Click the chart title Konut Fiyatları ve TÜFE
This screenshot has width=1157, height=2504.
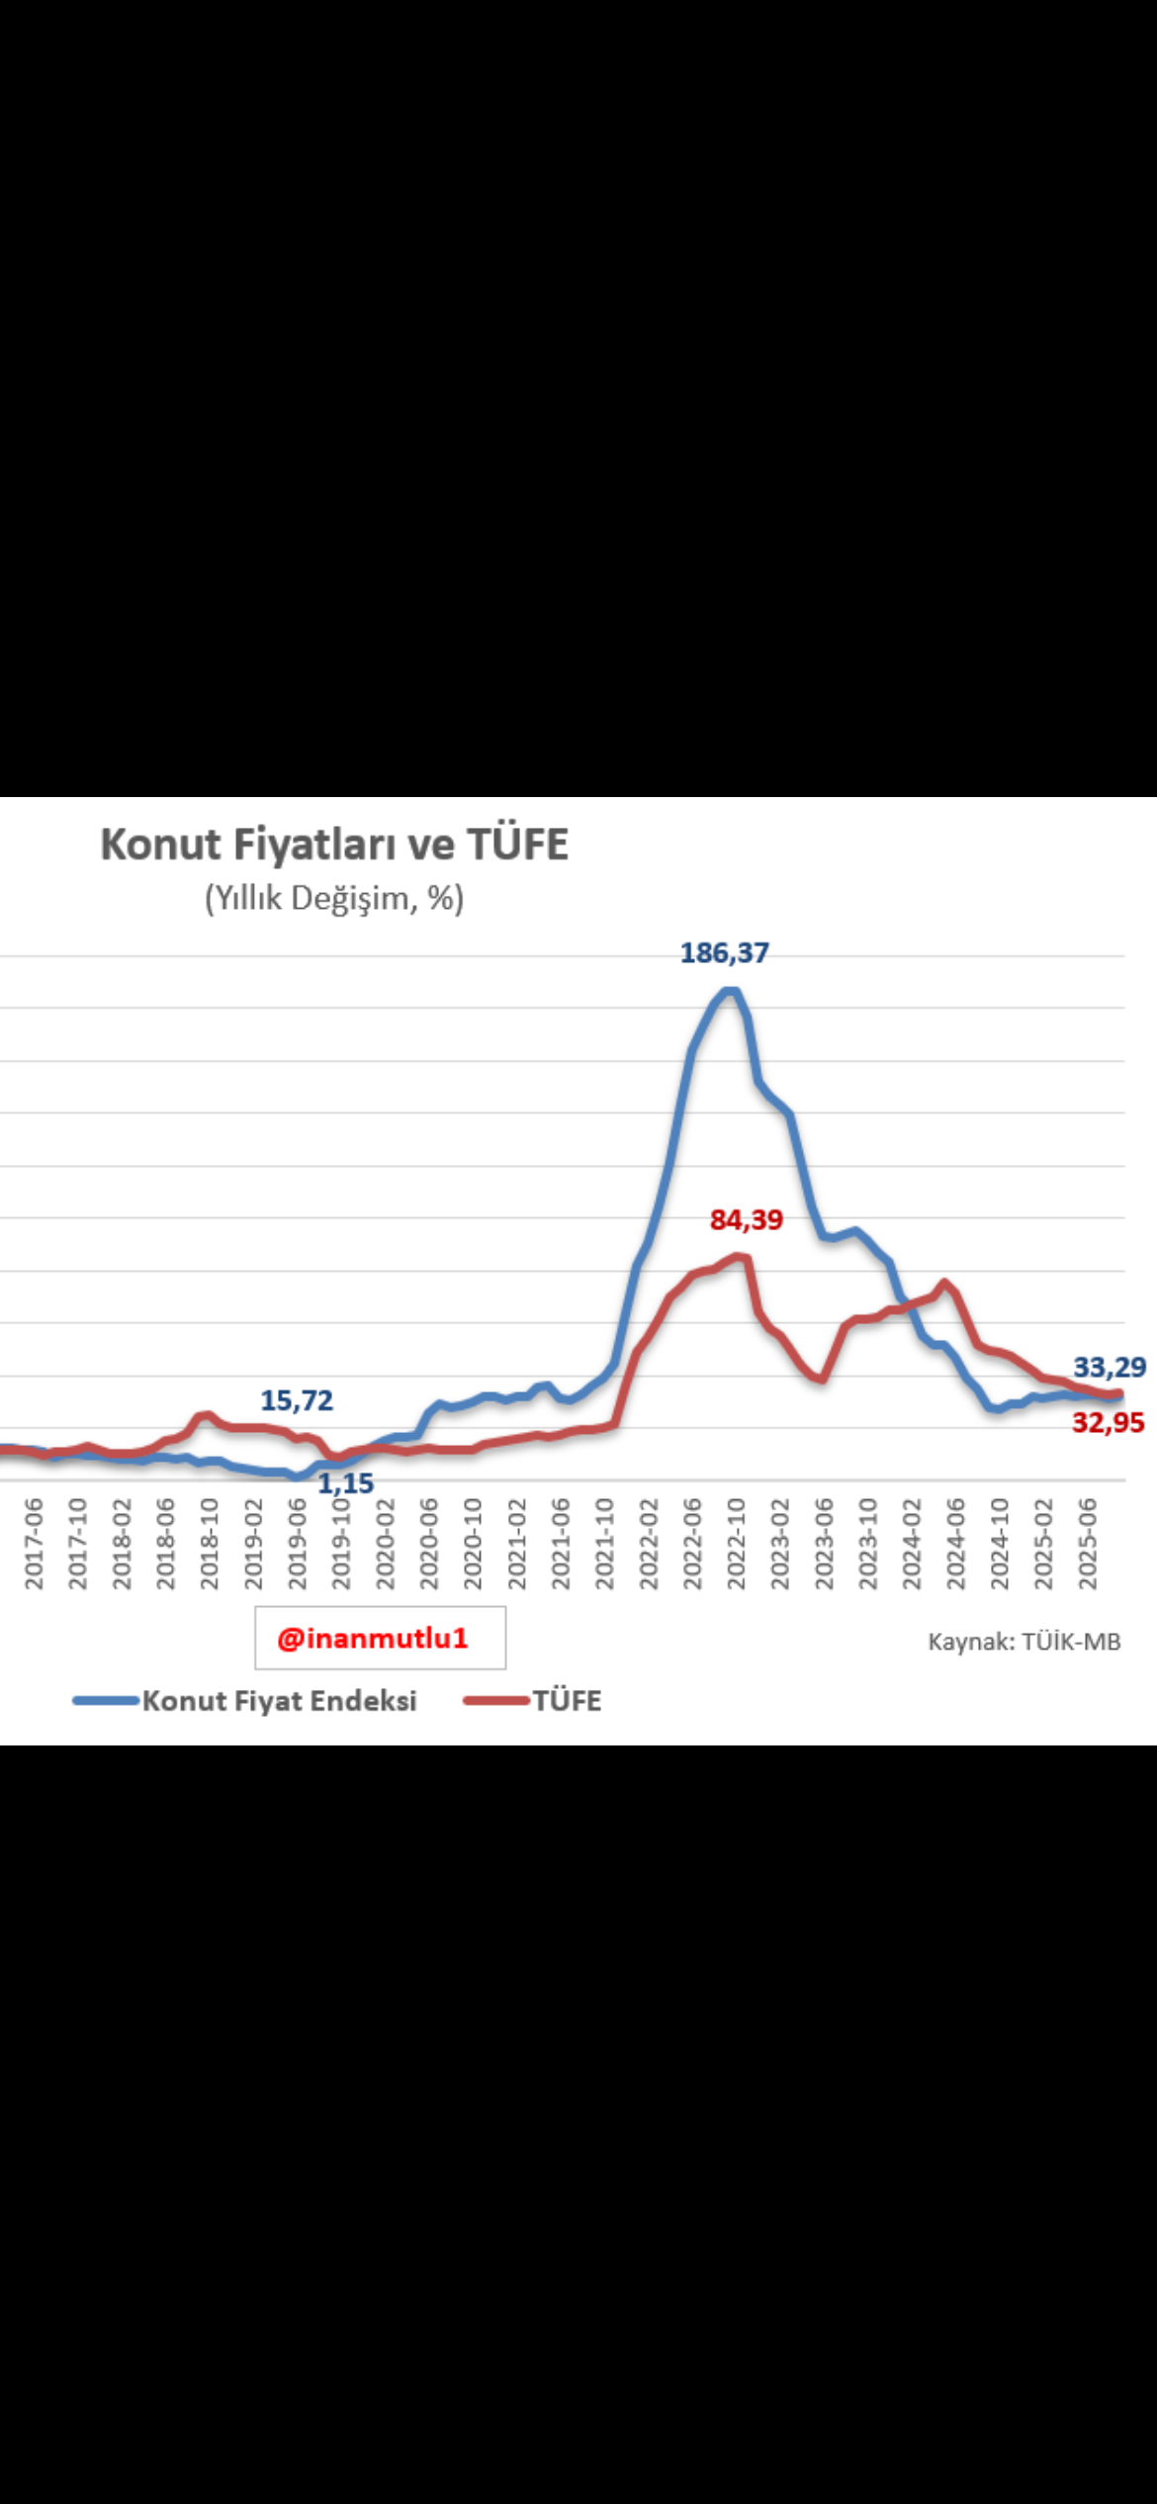tap(334, 845)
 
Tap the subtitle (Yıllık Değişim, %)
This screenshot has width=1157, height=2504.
tap(334, 898)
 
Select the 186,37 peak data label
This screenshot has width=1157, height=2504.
tap(724, 952)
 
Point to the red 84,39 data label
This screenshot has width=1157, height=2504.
tap(747, 1219)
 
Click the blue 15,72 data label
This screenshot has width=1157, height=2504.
tap(297, 1400)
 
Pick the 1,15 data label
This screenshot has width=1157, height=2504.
tap(346, 1483)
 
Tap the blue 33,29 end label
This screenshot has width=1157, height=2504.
tap(1110, 1367)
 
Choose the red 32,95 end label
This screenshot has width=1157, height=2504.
tap(1109, 1422)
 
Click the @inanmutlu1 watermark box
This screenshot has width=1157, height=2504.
tap(380, 1639)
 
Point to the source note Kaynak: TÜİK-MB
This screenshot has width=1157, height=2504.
tap(1023, 1642)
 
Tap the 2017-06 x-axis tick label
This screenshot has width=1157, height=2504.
tap(34, 1544)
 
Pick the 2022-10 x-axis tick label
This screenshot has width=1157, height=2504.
tap(736, 1544)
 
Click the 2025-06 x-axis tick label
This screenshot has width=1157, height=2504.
tap(1088, 1544)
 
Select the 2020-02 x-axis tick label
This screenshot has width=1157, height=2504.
tap(385, 1544)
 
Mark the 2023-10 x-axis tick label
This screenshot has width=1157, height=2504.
tap(867, 1544)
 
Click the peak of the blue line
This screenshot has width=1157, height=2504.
tap(730, 990)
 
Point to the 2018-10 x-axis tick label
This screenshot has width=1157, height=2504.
tap(209, 1544)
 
